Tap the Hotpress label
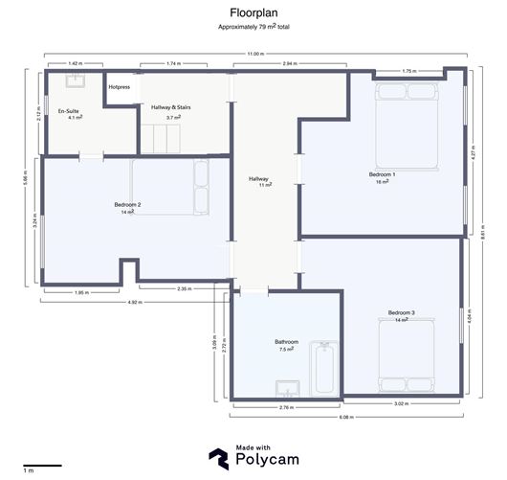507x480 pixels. pyautogui.click(x=120, y=87)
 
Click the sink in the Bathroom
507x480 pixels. pyautogui.click(x=287, y=388)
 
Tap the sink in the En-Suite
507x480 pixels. pyautogui.click(x=74, y=80)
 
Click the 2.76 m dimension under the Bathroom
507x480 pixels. pyautogui.click(x=285, y=407)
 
